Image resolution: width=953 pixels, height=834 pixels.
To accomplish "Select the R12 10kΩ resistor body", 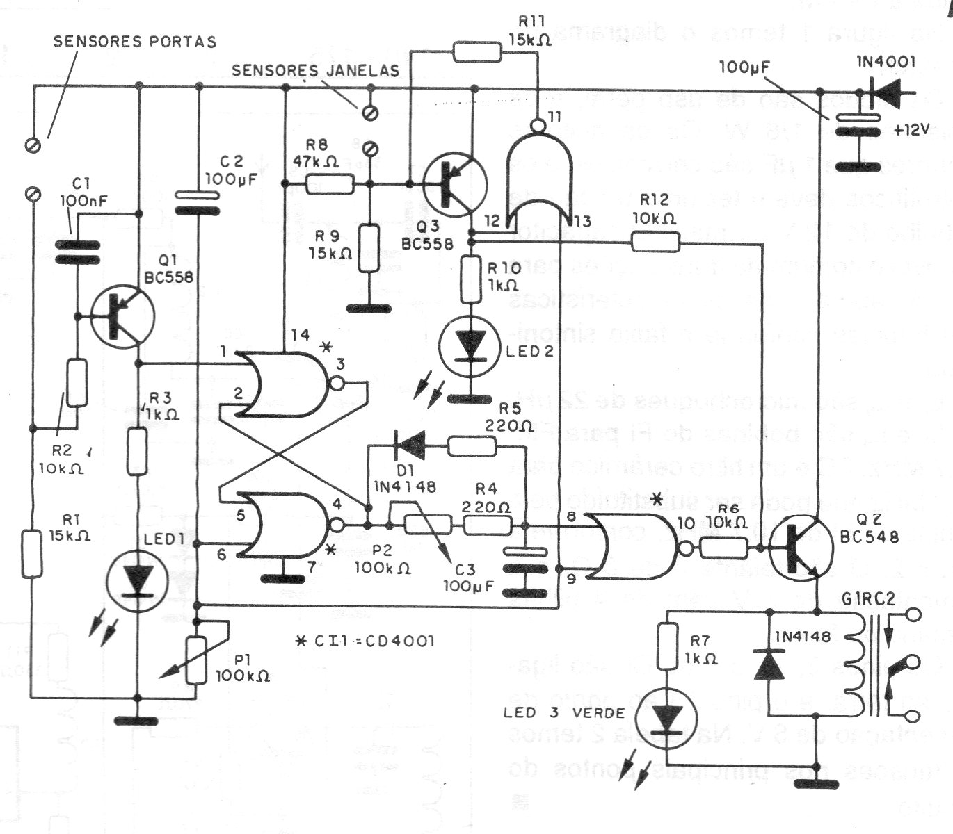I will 655,241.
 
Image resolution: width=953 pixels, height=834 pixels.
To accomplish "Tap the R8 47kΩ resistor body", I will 330,184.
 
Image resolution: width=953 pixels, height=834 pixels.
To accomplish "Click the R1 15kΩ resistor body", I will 32,553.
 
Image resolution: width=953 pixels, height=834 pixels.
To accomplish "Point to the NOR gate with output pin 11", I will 539,177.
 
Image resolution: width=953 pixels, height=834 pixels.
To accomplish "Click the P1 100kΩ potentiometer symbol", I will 195,658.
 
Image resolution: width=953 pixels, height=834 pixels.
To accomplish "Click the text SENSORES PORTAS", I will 135,41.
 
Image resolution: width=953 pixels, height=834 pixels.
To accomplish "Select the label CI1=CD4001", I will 365,640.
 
